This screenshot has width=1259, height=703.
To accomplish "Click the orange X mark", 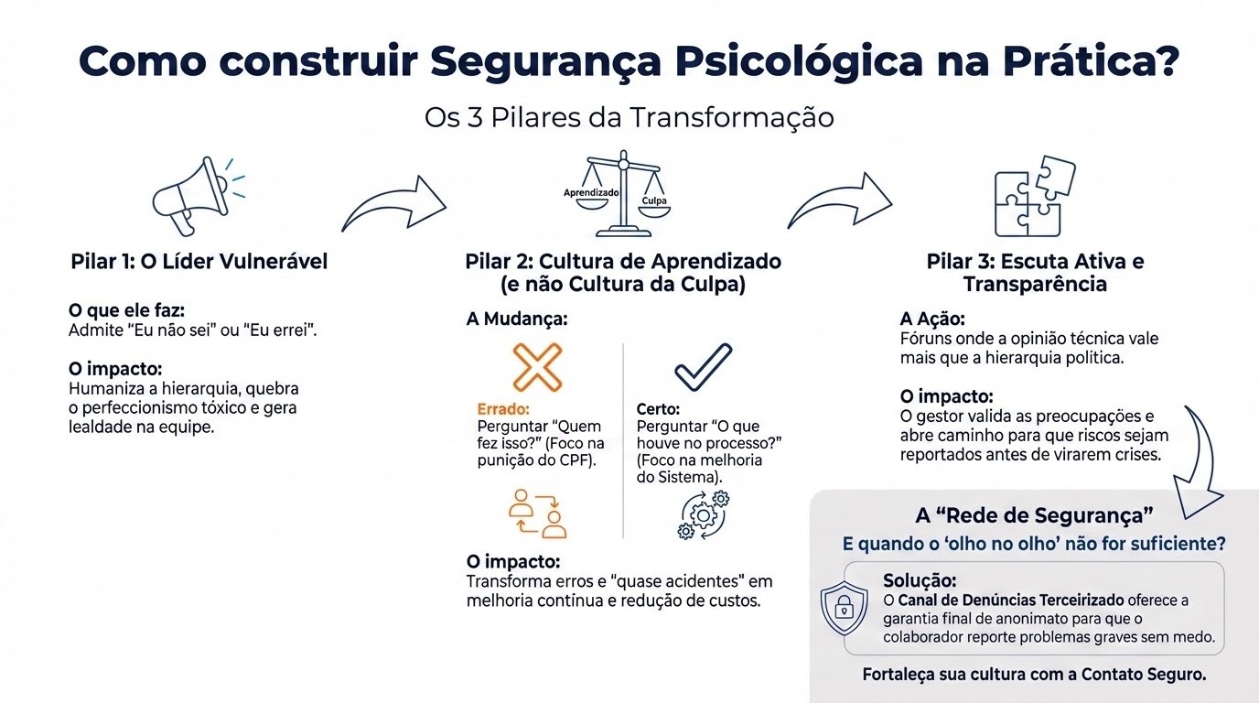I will [537, 367].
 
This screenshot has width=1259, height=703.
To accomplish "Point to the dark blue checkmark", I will [703, 367].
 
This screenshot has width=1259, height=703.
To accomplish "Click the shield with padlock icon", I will [845, 609].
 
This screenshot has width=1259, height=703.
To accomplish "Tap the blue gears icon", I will [703, 514].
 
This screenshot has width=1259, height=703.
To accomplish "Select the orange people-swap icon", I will [538, 514].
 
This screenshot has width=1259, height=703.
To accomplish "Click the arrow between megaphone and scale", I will [394, 204].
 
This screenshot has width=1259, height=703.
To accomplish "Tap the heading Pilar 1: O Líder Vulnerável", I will [199, 262].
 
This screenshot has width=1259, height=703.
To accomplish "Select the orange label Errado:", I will [503, 409].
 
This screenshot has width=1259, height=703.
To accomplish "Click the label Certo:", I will [658, 409].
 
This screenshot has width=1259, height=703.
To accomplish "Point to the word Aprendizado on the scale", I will [591, 193].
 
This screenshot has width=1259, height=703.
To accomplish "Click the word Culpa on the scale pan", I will [654, 200].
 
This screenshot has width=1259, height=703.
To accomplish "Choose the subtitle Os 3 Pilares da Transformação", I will [629, 119].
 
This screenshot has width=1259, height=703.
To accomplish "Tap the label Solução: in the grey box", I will [920, 580].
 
